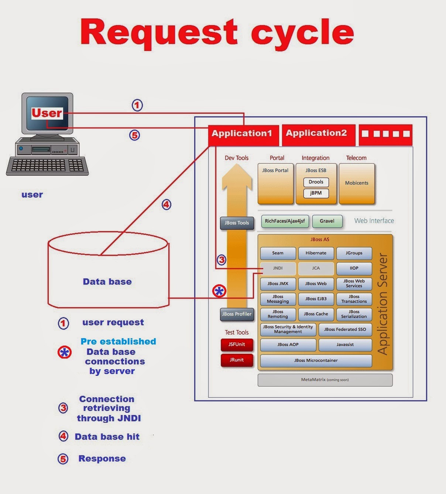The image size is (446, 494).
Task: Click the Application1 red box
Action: pyautogui.click(x=242, y=134)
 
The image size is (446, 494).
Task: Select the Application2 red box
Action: pyautogui.click(x=317, y=134)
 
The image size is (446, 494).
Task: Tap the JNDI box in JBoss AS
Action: pyautogui.click(x=278, y=268)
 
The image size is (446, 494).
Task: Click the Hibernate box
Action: pyautogui.click(x=316, y=253)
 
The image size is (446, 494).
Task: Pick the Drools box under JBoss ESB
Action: pyautogui.click(x=316, y=182)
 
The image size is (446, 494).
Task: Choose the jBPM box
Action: pyautogui.click(x=316, y=193)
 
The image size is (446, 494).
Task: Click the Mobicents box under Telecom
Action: pyautogui.click(x=357, y=183)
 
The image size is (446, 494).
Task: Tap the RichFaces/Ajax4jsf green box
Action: pyautogui.click(x=285, y=221)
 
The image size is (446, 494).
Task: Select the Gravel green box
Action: pyautogui.click(x=327, y=221)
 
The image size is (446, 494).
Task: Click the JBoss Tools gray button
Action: pyautogui.click(x=237, y=223)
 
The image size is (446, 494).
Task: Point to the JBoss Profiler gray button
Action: pyautogui.click(x=237, y=314)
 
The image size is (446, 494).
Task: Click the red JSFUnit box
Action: pyautogui.click(x=237, y=344)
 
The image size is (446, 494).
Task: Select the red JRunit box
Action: pyautogui.click(x=237, y=360)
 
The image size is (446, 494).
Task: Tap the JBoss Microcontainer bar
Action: pyautogui.click(x=316, y=361)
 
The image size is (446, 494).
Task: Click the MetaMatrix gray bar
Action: pyautogui.click(x=325, y=380)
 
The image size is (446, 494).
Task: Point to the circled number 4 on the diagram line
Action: pyautogui.click(x=167, y=205)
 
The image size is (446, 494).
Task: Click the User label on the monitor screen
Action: pyautogui.click(x=47, y=113)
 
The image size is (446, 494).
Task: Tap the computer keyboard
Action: pyautogui.click(x=47, y=166)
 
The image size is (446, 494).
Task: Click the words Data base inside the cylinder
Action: pyautogui.click(x=107, y=282)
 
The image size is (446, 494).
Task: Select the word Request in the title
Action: pyautogui.click(x=159, y=32)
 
